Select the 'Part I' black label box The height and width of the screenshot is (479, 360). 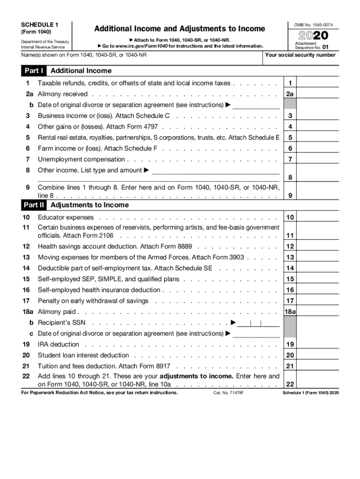(x=34, y=71)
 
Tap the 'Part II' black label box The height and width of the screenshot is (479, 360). (x=34, y=205)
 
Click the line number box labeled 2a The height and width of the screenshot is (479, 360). (x=290, y=94)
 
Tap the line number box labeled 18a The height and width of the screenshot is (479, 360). (x=290, y=312)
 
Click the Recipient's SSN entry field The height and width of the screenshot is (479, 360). (x=259, y=323)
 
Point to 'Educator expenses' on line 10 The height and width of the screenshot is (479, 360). (x=65, y=218)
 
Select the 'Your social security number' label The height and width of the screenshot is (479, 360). (x=300, y=55)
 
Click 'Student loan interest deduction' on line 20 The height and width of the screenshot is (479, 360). (x=83, y=355)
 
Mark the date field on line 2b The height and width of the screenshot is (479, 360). (x=256, y=105)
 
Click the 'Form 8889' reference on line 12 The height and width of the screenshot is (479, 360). (x=182, y=246)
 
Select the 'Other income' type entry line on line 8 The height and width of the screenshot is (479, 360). (x=216, y=171)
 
